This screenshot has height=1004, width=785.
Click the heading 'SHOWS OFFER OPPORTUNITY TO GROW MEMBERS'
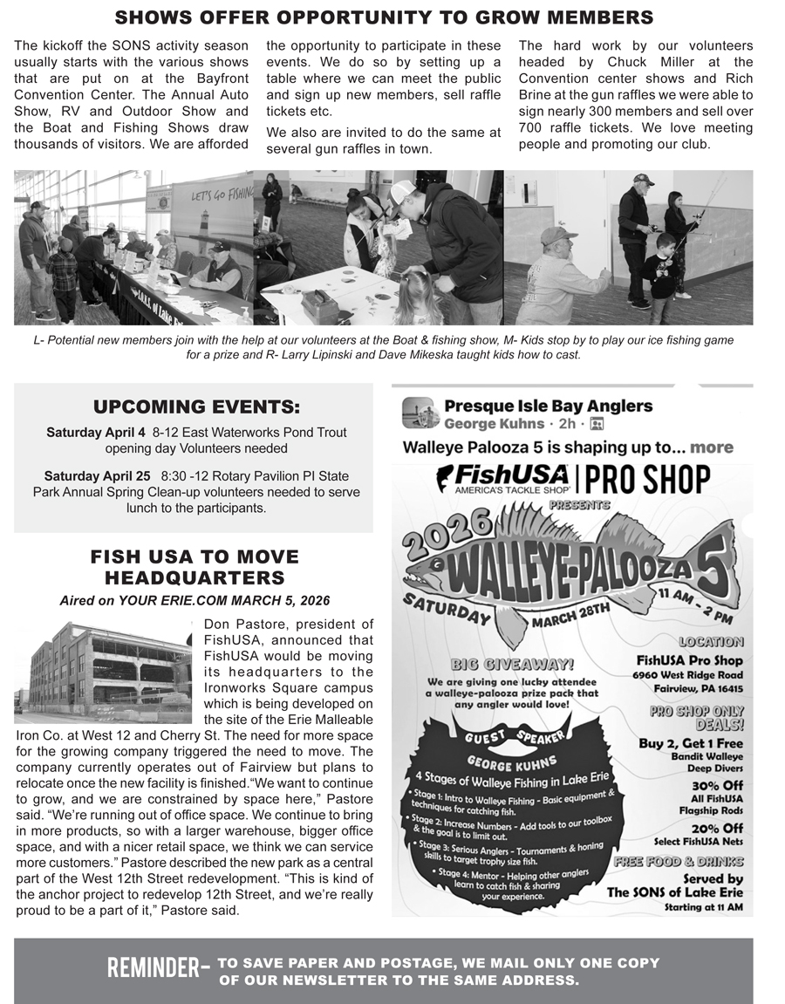point(384,17)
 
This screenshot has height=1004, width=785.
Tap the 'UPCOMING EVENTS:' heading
point(196,406)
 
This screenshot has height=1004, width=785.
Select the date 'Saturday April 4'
point(96,433)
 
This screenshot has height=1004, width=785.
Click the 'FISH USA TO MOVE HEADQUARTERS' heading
point(195,567)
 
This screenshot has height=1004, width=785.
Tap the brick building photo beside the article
point(103,672)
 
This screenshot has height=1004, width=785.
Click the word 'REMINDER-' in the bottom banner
point(158,967)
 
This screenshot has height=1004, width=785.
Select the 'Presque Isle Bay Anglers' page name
point(548,406)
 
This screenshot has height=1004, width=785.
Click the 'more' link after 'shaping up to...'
point(712,447)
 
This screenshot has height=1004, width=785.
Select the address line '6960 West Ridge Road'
point(688,674)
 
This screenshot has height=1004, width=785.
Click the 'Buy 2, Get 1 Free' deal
point(691,743)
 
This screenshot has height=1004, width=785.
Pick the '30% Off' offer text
point(717,785)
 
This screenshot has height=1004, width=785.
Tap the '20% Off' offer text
point(717,828)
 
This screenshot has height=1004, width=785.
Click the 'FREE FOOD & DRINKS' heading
point(679,862)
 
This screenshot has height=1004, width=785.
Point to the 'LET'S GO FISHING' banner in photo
point(221,195)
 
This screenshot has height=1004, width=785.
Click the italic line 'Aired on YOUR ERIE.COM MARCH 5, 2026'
point(195,600)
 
